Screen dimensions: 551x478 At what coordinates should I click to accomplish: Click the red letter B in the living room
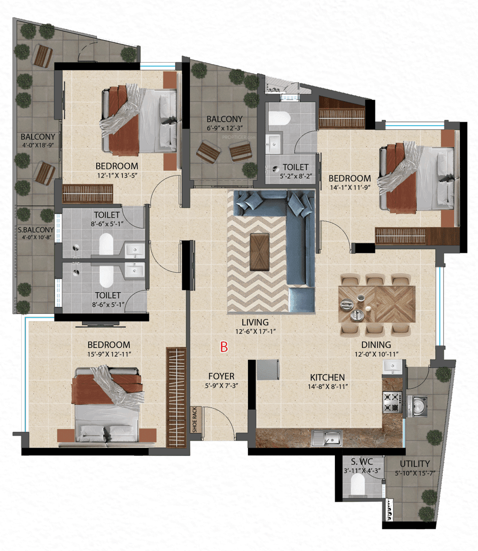click(223, 347)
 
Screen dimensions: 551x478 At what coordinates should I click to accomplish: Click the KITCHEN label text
click(327, 378)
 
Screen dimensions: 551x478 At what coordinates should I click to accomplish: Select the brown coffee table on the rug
click(260, 252)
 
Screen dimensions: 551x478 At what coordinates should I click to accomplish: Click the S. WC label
click(363, 461)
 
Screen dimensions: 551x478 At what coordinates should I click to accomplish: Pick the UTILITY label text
click(414, 463)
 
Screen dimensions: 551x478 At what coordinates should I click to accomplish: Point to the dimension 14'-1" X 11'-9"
click(349, 187)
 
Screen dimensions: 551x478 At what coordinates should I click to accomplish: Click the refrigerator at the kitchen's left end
click(267, 370)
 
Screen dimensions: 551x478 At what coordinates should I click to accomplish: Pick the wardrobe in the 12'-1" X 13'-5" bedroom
click(87, 194)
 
